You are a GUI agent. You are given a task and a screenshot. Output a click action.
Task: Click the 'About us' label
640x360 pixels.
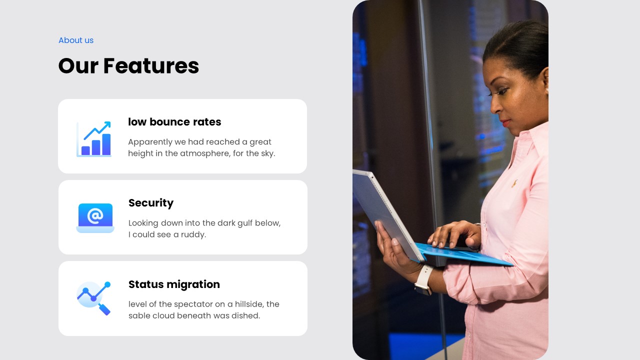tap(76, 40)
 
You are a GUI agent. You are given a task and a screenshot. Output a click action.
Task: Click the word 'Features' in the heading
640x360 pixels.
tap(151, 66)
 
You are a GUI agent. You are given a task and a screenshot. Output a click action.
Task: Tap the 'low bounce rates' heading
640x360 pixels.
tap(174, 122)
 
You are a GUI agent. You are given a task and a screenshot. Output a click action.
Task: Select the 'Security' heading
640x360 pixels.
tap(151, 203)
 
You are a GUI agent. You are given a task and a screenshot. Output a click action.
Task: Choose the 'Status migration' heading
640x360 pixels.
tap(174, 284)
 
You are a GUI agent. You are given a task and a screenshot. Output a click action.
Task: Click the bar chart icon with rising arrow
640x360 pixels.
tap(94, 138)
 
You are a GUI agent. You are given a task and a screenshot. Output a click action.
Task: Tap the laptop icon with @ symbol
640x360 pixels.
tap(95, 217)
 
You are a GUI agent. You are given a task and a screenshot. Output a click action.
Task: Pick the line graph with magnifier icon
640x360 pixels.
tap(94, 298)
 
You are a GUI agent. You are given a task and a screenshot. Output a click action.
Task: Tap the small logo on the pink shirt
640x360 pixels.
tap(514, 183)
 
